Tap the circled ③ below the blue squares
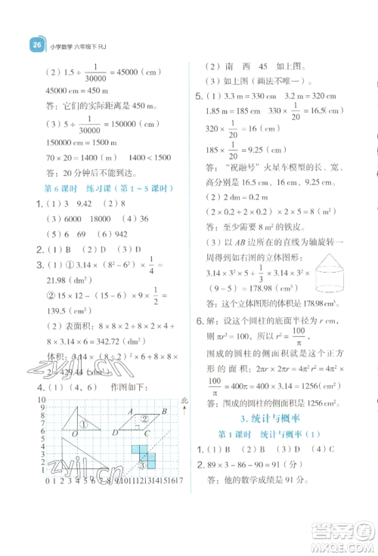(141, 463)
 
